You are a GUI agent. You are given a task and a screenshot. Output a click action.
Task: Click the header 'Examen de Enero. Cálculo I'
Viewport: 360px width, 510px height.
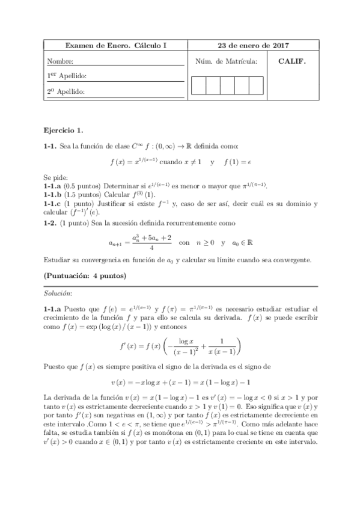click(116, 46)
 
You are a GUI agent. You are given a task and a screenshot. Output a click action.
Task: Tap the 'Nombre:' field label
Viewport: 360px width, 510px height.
click(61, 61)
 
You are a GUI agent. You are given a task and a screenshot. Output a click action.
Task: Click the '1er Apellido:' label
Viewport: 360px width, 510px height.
click(67, 76)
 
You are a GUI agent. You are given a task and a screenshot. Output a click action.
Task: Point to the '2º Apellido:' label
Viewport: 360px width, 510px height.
click(67, 91)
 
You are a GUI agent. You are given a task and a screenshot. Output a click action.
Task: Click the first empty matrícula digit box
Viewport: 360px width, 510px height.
click(198, 86)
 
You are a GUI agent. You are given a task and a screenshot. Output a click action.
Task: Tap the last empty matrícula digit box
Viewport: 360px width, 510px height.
click(256, 86)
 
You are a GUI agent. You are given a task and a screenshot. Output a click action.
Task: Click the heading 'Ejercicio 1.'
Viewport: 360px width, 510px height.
click(64, 129)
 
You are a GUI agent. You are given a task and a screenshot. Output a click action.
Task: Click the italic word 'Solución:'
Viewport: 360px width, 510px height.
click(58, 293)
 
